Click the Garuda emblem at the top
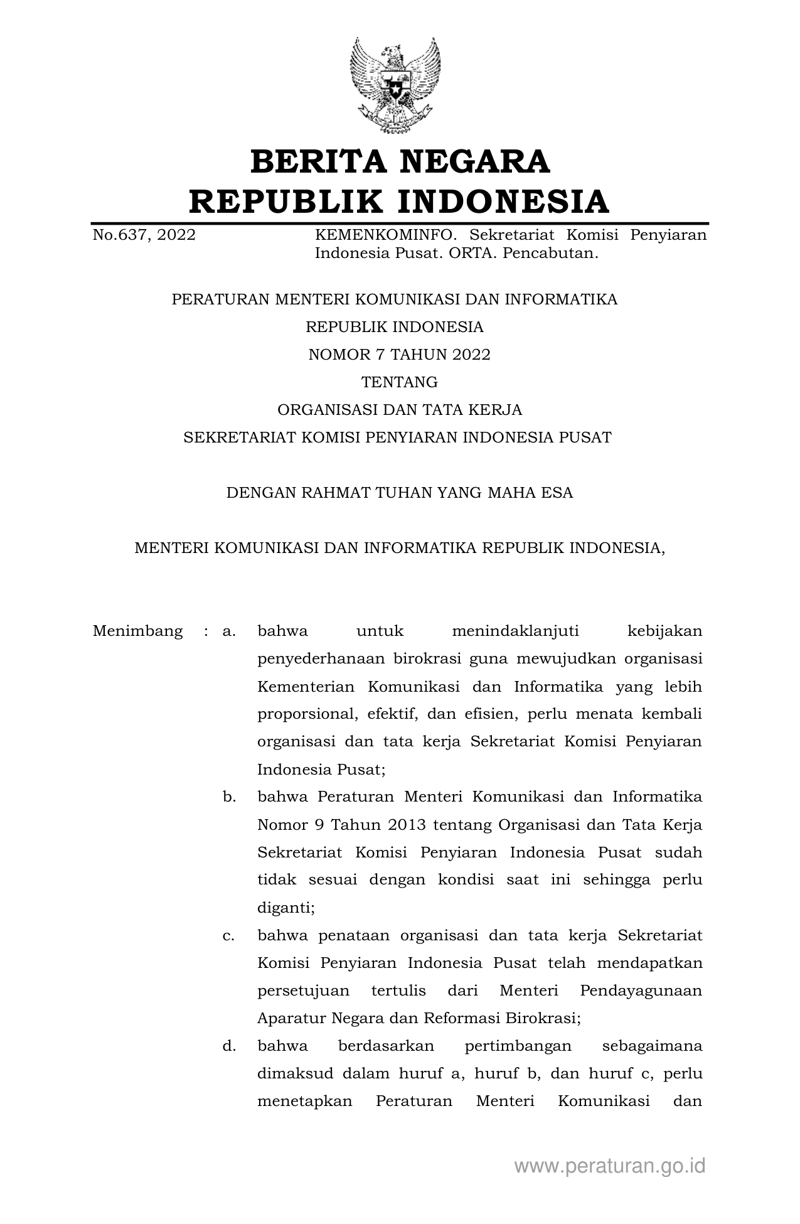(395, 85)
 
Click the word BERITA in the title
(317, 162)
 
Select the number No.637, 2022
(144, 235)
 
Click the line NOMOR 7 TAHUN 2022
(399, 355)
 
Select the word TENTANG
(399, 382)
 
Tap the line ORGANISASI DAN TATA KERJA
(399, 410)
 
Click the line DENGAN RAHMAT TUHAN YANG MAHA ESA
(399, 493)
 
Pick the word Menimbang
(137, 631)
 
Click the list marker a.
(228, 631)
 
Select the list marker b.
(229, 797)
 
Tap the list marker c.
(228, 936)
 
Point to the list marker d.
(229, 1046)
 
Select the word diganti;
(286, 908)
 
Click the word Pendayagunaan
(641, 991)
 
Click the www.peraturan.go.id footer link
(610, 1166)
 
